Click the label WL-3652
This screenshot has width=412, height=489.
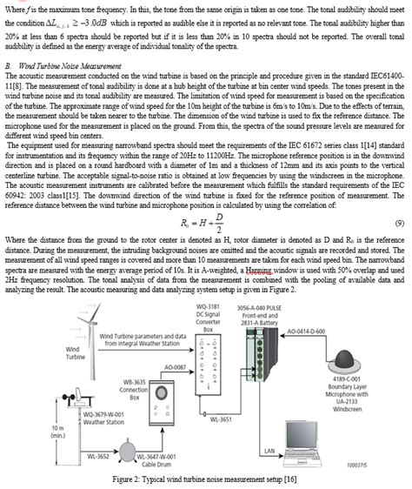(x=96, y=455)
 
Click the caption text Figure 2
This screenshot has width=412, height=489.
(x=206, y=480)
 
